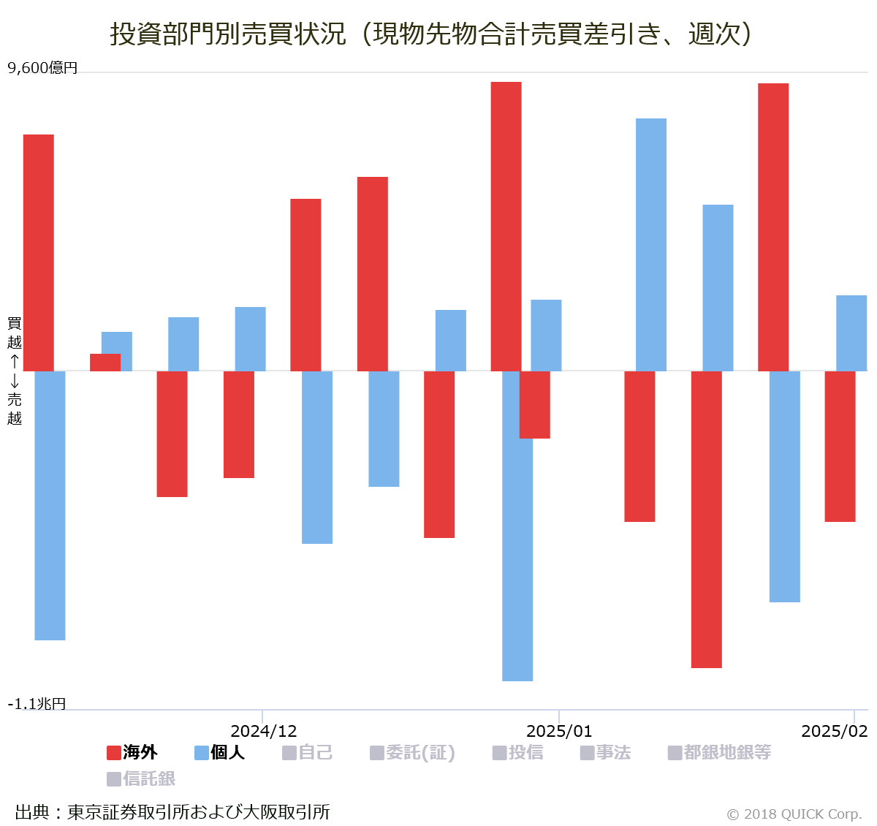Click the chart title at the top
click(431, 34)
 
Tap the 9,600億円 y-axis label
click(42, 68)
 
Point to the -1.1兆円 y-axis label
click(37, 703)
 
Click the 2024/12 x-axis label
click(263, 731)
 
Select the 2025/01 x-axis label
click(559, 731)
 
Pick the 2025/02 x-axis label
click(834, 731)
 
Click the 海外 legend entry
click(132, 752)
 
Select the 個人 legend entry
click(220, 752)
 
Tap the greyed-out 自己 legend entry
click(308, 752)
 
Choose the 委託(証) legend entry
click(413, 752)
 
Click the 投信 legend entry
click(518, 752)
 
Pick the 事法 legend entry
click(606, 752)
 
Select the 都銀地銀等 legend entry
click(720, 752)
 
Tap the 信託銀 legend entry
click(141, 778)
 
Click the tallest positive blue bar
click(651, 244)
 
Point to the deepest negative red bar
click(707, 519)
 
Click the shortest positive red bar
click(105, 363)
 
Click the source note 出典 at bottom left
click(172, 811)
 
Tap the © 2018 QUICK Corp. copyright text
click(794, 814)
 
